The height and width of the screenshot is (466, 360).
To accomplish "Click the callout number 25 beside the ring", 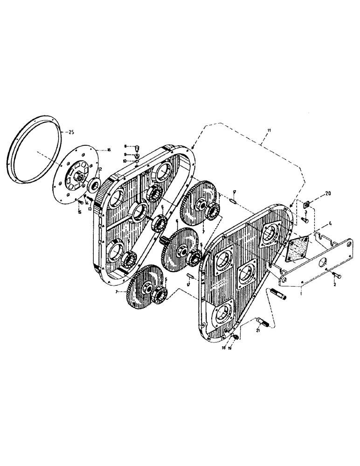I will pyautogui.click(x=71, y=132).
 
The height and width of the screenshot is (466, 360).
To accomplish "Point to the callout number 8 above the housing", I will pyautogui.click(x=125, y=146).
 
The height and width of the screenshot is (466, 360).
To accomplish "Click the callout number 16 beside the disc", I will pyautogui.click(x=109, y=150).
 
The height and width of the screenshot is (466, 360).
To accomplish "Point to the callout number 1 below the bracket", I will pyautogui.click(x=302, y=294).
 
